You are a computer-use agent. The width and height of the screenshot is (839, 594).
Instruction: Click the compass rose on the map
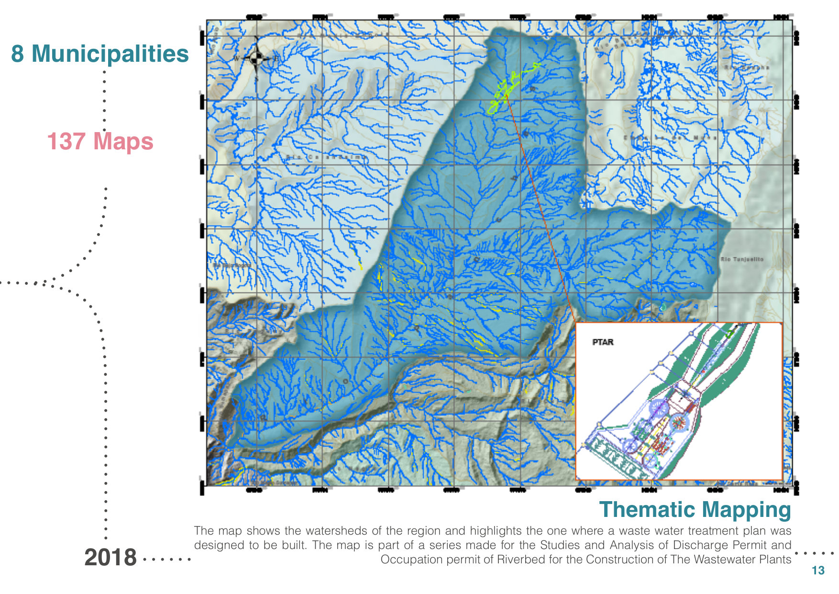257,58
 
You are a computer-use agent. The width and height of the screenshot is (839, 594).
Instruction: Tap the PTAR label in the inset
603,342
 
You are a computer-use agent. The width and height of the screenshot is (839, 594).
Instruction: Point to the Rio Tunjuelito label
742,259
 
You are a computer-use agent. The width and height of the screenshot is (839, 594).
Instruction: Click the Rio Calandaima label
327,157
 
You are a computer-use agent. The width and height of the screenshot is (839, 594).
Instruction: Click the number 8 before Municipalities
18,53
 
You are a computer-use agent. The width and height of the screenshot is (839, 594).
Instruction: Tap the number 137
66,141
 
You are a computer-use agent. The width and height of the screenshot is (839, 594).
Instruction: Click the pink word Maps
123,141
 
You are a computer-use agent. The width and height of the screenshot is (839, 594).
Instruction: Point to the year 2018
110,558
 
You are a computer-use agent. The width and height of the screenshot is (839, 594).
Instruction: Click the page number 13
818,570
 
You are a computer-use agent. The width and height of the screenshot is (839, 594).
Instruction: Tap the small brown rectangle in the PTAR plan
690,408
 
